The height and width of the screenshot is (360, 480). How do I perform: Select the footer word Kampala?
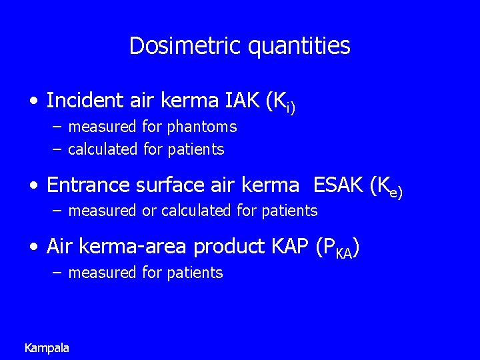(x=47, y=347)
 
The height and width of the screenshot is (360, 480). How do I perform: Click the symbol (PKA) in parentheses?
(x=338, y=248)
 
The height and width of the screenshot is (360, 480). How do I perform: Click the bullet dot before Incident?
(x=33, y=102)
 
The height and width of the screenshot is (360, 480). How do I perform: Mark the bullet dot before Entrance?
(x=33, y=186)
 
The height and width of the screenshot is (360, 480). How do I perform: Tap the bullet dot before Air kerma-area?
(x=33, y=248)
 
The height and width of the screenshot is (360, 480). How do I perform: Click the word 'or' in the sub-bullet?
(x=149, y=211)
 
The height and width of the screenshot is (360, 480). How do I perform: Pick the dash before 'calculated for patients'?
(x=57, y=149)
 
